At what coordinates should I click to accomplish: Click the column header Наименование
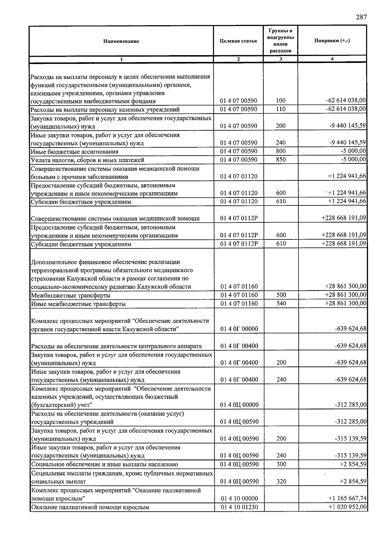(121, 41)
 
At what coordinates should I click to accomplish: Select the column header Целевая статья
(238, 41)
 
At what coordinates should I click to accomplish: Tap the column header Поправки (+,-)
(332, 41)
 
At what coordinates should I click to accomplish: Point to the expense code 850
(281, 160)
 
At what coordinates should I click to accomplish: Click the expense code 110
(281, 109)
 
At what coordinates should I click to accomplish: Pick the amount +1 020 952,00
(347, 507)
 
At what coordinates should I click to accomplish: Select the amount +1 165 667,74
(347, 498)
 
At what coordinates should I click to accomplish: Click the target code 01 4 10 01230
(239, 507)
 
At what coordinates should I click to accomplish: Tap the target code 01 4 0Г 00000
(239, 329)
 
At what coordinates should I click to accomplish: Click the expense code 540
(281, 304)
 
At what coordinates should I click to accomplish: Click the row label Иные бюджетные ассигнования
(74, 151)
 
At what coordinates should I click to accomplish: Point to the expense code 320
(281, 481)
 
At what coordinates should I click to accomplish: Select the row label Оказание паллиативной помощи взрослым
(90, 507)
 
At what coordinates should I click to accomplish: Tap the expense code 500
(281, 295)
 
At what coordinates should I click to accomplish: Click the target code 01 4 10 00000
(239, 498)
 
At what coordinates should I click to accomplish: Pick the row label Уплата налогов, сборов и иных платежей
(87, 160)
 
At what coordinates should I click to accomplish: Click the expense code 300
(281, 464)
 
